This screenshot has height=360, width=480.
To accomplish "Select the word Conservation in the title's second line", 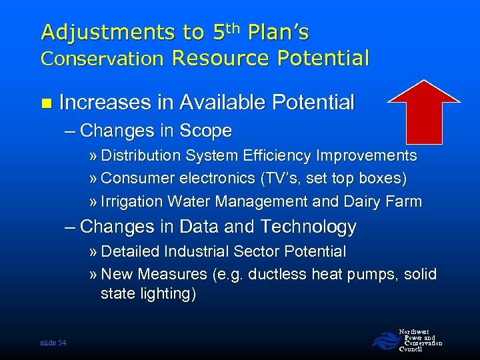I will point(102,59).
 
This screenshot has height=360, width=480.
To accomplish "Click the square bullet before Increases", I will point(45,103).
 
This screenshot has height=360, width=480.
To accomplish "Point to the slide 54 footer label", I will point(53,342).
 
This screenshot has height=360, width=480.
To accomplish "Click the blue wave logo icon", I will point(384,340).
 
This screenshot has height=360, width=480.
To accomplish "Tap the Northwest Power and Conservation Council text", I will point(420,339).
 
